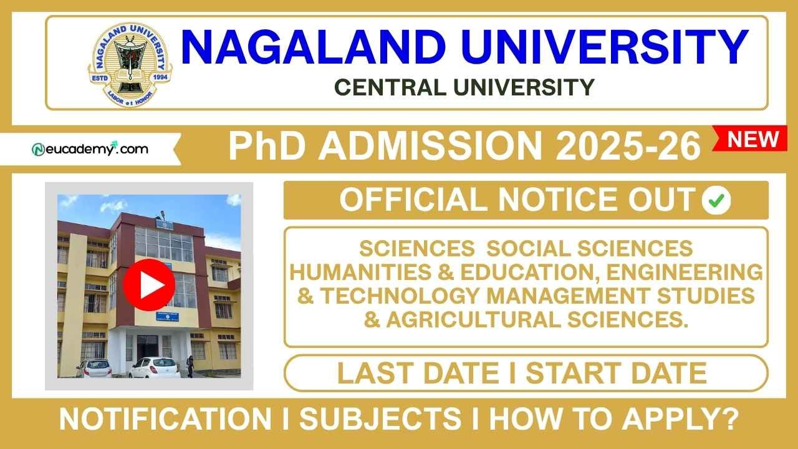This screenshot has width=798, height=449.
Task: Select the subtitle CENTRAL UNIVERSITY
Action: [x=464, y=87]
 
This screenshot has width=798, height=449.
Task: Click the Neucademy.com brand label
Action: [x=90, y=149]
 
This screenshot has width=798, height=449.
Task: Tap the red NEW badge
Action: [x=753, y=139]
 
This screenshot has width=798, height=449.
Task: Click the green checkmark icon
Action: [x=716, y=200]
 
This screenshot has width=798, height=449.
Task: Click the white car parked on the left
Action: [x=94, y=368]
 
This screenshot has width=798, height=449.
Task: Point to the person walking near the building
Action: [x=190, y=366]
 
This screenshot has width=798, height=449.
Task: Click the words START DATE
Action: [x=616, y=373]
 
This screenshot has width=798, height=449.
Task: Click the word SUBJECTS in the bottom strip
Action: [x=381, y=419]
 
